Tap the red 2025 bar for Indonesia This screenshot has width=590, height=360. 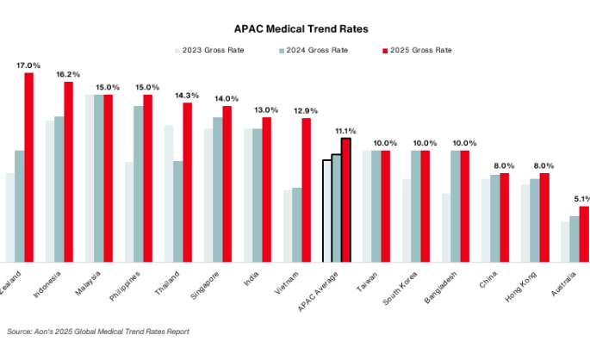(69, 172)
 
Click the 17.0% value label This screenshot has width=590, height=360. (28, 65)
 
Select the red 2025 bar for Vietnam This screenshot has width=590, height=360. (306, 189)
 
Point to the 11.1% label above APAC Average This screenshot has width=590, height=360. (346, 130)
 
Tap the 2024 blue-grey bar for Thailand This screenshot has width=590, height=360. (177, 211)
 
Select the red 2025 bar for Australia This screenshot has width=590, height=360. (584, 233)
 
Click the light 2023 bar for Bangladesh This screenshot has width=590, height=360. (446, 227)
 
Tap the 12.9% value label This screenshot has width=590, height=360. (306, 110)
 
